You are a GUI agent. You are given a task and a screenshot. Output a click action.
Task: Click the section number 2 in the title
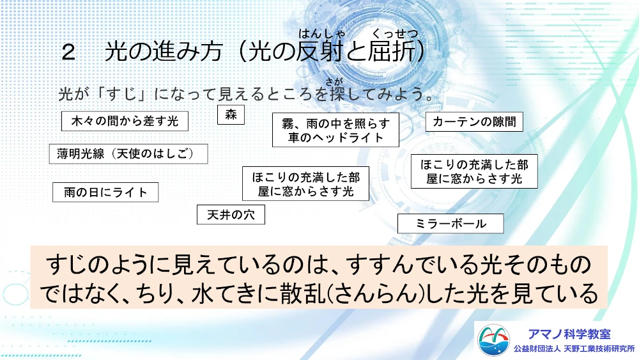coord(68,53)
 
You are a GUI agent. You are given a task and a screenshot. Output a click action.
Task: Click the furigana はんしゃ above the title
coord(322,33)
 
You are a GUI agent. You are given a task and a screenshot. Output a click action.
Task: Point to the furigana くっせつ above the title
coord(396,33)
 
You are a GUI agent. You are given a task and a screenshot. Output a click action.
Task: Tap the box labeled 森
coord(231,114)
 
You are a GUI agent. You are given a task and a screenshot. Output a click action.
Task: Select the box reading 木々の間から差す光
coord(125,121)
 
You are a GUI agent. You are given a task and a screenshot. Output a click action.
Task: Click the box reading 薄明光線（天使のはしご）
coord(128,153)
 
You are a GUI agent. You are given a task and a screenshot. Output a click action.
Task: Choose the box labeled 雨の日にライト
coord(105,192)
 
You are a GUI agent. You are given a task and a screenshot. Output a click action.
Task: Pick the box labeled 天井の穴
coord(231,214)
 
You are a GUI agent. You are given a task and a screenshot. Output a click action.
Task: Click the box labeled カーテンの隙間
coord(474,121)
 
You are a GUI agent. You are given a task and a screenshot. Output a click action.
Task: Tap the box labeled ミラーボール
coord(450,223)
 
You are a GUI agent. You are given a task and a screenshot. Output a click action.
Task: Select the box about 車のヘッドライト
coord(336,130)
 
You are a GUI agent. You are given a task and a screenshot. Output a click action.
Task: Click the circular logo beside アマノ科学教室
coord(493,340)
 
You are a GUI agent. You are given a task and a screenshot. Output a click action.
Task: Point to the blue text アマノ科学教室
coord(569,334)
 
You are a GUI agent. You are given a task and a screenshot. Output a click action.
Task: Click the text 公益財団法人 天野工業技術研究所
coord(574,349)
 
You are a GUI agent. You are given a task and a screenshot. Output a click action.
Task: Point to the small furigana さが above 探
coord(334,82)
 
